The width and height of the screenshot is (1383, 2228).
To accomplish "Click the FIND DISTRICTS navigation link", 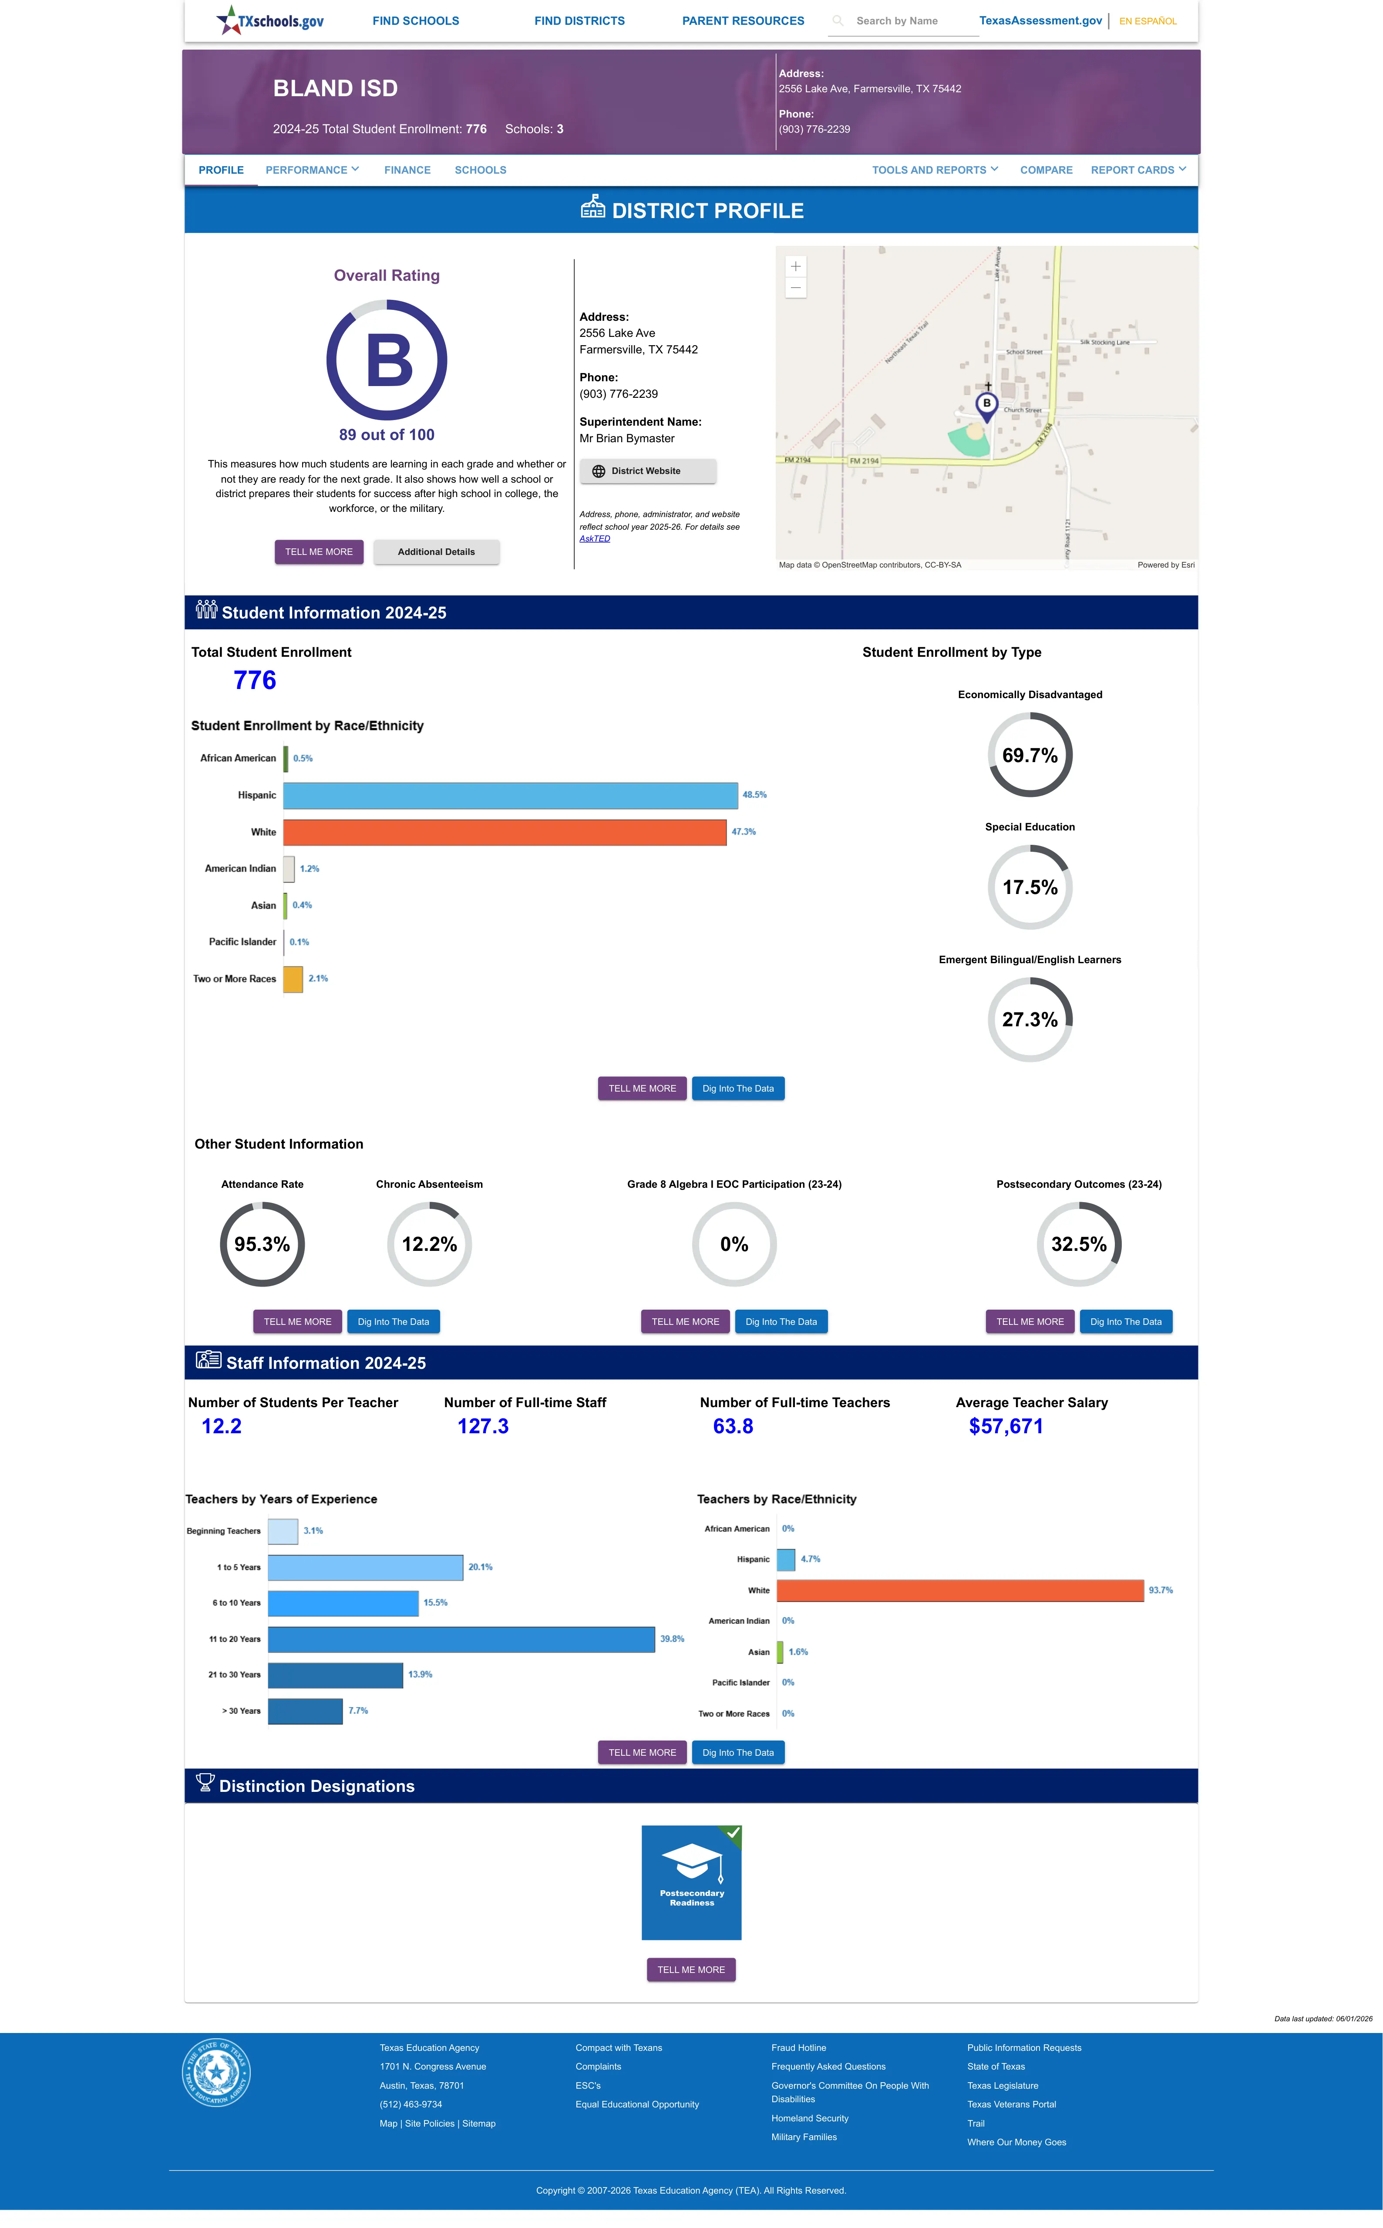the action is (x=579, y=21).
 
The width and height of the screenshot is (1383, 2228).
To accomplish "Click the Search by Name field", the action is (x=903, y=21).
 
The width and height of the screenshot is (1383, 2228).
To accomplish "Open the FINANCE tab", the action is (x=407, y=170).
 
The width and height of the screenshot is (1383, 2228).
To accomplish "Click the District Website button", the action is (x=648, y=471).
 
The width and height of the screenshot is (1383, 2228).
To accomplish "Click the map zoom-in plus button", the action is (x=796, y=266).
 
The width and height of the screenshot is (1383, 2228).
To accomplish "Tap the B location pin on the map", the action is (x=986, y=406).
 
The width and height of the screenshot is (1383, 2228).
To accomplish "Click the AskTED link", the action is (x=595, y=538).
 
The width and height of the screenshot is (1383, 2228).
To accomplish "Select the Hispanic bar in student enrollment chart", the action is (x=510, y=795).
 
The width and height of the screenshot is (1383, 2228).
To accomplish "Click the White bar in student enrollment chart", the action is (x=505, y=832).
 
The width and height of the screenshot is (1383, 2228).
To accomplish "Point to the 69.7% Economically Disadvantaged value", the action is (x=1030, y=755).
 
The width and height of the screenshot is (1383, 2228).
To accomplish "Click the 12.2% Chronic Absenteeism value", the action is (x=429, y=1244).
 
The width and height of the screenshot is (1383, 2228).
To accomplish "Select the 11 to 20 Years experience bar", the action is (x=461, y=1639).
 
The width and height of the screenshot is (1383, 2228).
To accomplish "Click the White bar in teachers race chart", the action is (x=960, y=1591).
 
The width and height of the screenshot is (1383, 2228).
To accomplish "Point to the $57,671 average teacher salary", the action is (x=1006, y=1426).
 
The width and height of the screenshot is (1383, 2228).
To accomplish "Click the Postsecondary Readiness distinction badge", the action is (x=691, y=1882).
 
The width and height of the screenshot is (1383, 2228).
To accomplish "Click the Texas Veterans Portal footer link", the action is (x=1012, y=2104).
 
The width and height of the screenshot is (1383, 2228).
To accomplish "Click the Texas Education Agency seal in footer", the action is (x=216, y=2072).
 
